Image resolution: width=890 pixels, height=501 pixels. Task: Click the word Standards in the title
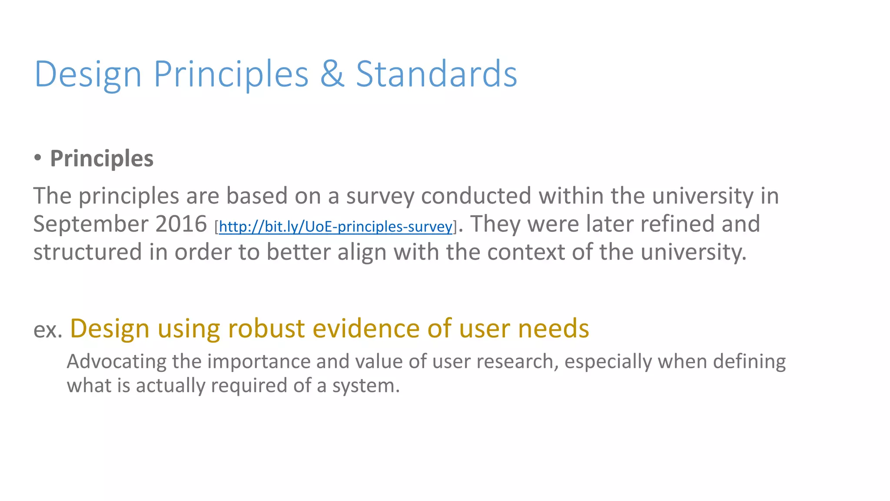(436, 74)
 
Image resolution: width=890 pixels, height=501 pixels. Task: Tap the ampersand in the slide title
(332, 74)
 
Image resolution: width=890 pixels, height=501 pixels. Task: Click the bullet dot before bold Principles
(38, 157)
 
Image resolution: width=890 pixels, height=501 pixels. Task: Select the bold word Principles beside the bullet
(102, 158)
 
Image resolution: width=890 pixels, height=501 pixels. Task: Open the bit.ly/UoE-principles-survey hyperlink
(335, 227)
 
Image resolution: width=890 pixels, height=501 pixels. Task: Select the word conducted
(476, 196)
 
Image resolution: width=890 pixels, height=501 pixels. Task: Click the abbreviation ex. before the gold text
(48, 330)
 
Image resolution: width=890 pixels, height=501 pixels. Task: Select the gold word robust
(266, 328)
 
